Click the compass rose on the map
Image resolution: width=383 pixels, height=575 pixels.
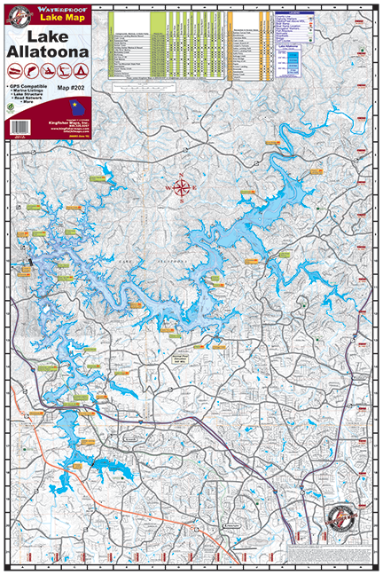tap(183, 187)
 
